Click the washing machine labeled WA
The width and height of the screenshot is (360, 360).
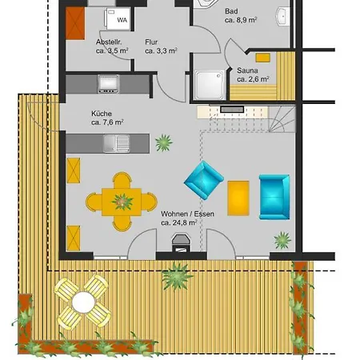118,18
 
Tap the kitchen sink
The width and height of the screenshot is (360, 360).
117,143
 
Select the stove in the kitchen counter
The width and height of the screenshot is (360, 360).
108,84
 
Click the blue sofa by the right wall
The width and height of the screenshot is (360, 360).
274,197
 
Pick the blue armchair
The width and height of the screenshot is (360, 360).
204,180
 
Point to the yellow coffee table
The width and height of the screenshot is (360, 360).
238,198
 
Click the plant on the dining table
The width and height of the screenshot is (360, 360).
122,202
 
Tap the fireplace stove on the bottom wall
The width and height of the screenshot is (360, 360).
181,242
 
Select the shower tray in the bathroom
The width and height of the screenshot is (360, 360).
210,85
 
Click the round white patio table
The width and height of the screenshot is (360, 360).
83,302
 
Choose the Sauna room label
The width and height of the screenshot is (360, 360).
247,70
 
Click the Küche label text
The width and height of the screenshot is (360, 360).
102,114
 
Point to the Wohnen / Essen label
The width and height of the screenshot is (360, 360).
187,214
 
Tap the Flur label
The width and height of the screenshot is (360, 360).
151,42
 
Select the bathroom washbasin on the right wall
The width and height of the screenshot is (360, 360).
282,17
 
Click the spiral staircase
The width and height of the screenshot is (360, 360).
282,119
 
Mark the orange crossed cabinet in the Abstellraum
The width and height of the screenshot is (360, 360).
75,23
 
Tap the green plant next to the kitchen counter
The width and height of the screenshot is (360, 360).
164,142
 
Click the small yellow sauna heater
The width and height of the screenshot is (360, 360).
263,58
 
